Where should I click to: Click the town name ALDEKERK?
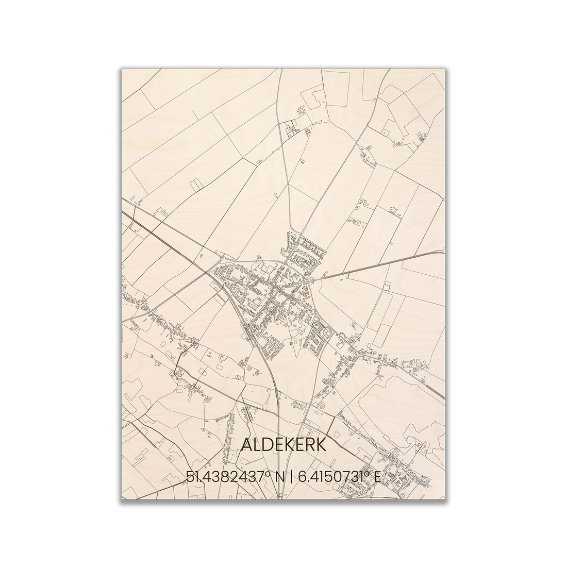pyautogui.click(x=283, y=444)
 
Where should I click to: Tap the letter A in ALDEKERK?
pyautogui.click(x=246, y=444)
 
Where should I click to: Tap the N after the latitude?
pyautogui.click(x=280, y=477)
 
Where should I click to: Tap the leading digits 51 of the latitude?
pyautogui.click(x=192, y=477)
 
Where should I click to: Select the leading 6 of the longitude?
pyautogui.click(x=299, y=477)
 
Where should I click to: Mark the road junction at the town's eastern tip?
pyautogui.click(x=310, y=280)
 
